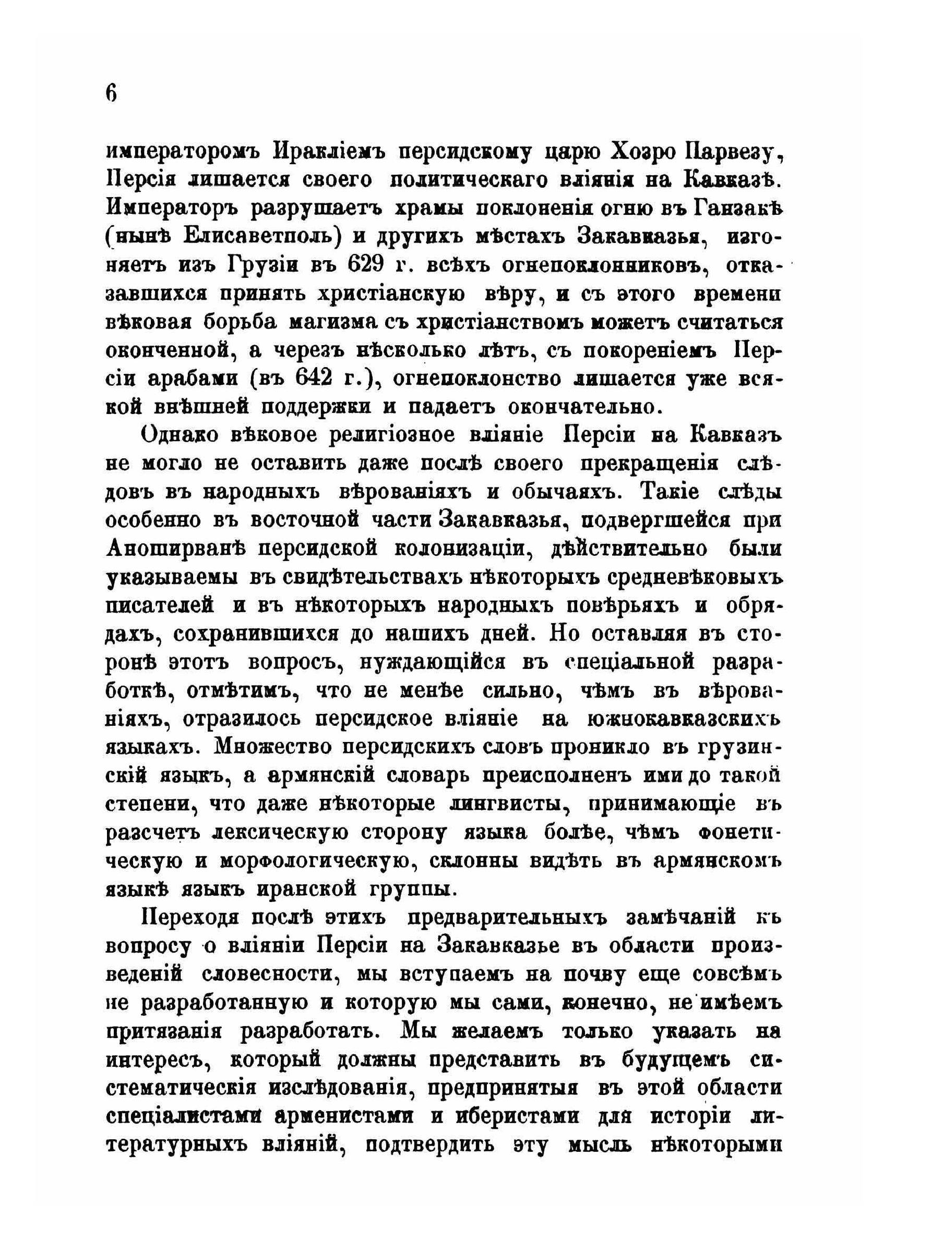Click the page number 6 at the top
(110, 92)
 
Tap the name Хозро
(646, 152)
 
